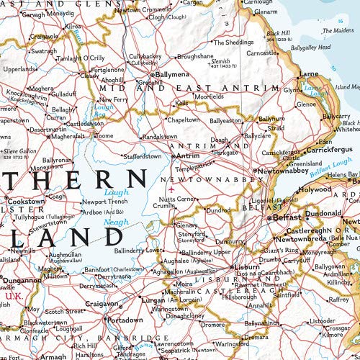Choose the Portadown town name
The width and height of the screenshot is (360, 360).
click(x=121, y=319)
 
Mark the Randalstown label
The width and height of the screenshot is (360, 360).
click(x=160, y=136)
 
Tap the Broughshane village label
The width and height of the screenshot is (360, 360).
click(x=195, y=55)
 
